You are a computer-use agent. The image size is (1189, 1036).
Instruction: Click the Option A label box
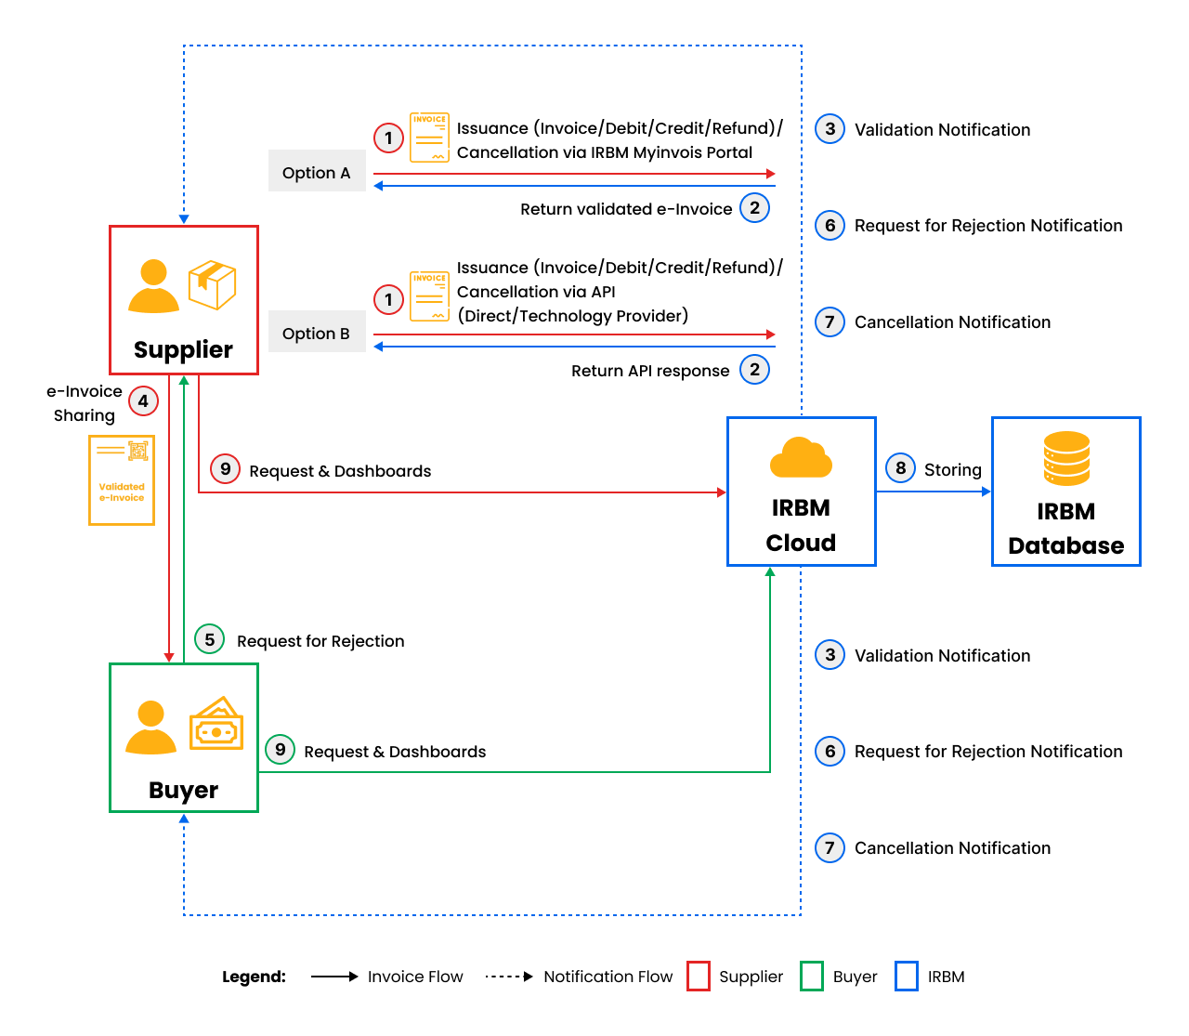click(316, 172)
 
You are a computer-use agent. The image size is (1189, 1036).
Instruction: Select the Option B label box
click(316, 333)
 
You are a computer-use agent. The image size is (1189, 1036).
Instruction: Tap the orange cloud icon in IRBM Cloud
click(801, 458)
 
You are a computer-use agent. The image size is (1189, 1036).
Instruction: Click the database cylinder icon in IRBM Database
click(1066, 459)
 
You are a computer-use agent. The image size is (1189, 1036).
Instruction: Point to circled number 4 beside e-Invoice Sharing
click(143, 401)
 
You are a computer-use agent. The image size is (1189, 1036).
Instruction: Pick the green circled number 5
click(210, 639)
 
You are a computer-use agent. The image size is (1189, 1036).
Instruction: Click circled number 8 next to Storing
click(900, 468)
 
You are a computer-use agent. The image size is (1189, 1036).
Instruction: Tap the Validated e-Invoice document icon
click(122, 480)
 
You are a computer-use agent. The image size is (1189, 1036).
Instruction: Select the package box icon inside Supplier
click(212, 284)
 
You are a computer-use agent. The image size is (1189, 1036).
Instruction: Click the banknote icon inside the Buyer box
click(216, 725)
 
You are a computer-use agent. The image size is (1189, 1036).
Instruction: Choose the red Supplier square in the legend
click(699, 977)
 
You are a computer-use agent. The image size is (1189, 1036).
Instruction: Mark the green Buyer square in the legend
click(812, 977)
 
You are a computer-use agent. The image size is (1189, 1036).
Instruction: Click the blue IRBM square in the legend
click(907, 977)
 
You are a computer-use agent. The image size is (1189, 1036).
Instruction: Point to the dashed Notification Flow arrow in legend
click(509, 977)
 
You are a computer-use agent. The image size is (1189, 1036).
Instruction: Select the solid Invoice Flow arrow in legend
click(334, 977)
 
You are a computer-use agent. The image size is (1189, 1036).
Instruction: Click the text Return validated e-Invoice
click(626, 209)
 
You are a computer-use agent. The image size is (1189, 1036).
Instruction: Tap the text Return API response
click(650, 371)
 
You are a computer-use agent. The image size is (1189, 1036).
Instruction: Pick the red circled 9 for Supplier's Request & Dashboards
click(225, 469)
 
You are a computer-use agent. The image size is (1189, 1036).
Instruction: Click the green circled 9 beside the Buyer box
click(280, 750)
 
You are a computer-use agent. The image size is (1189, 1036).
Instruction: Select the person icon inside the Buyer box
click(150, 728)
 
